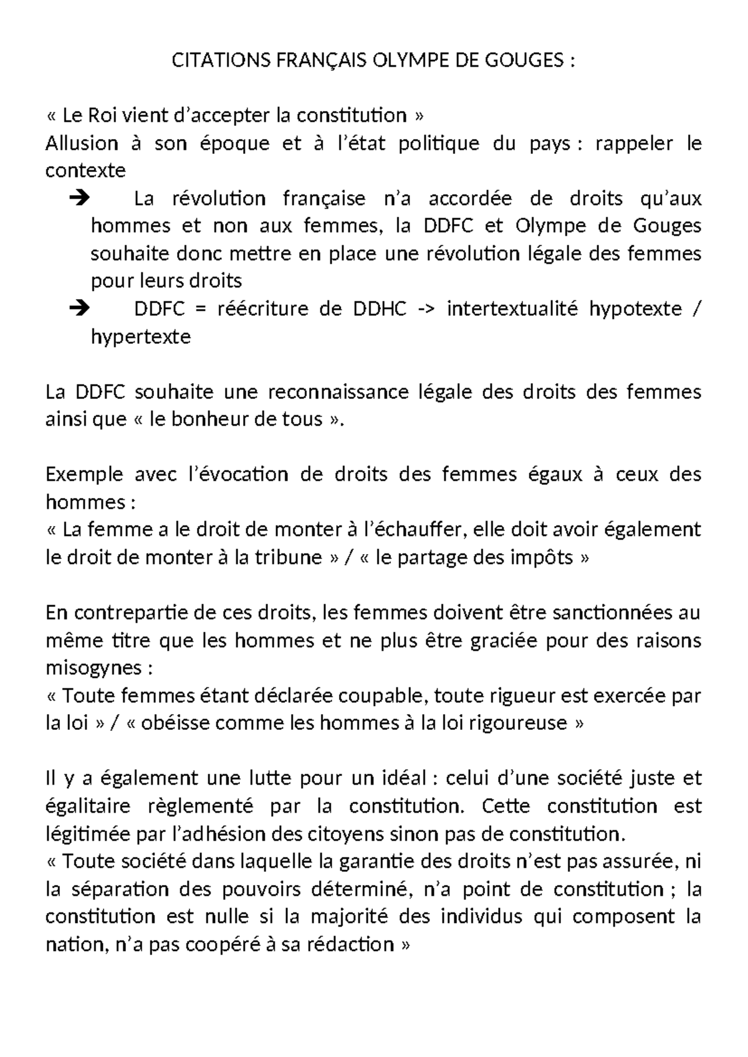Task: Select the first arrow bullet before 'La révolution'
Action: coord(80,199)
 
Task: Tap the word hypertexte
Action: coord(141,337)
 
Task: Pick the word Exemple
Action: coord(84,475)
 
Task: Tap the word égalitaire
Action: coord(88,806)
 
